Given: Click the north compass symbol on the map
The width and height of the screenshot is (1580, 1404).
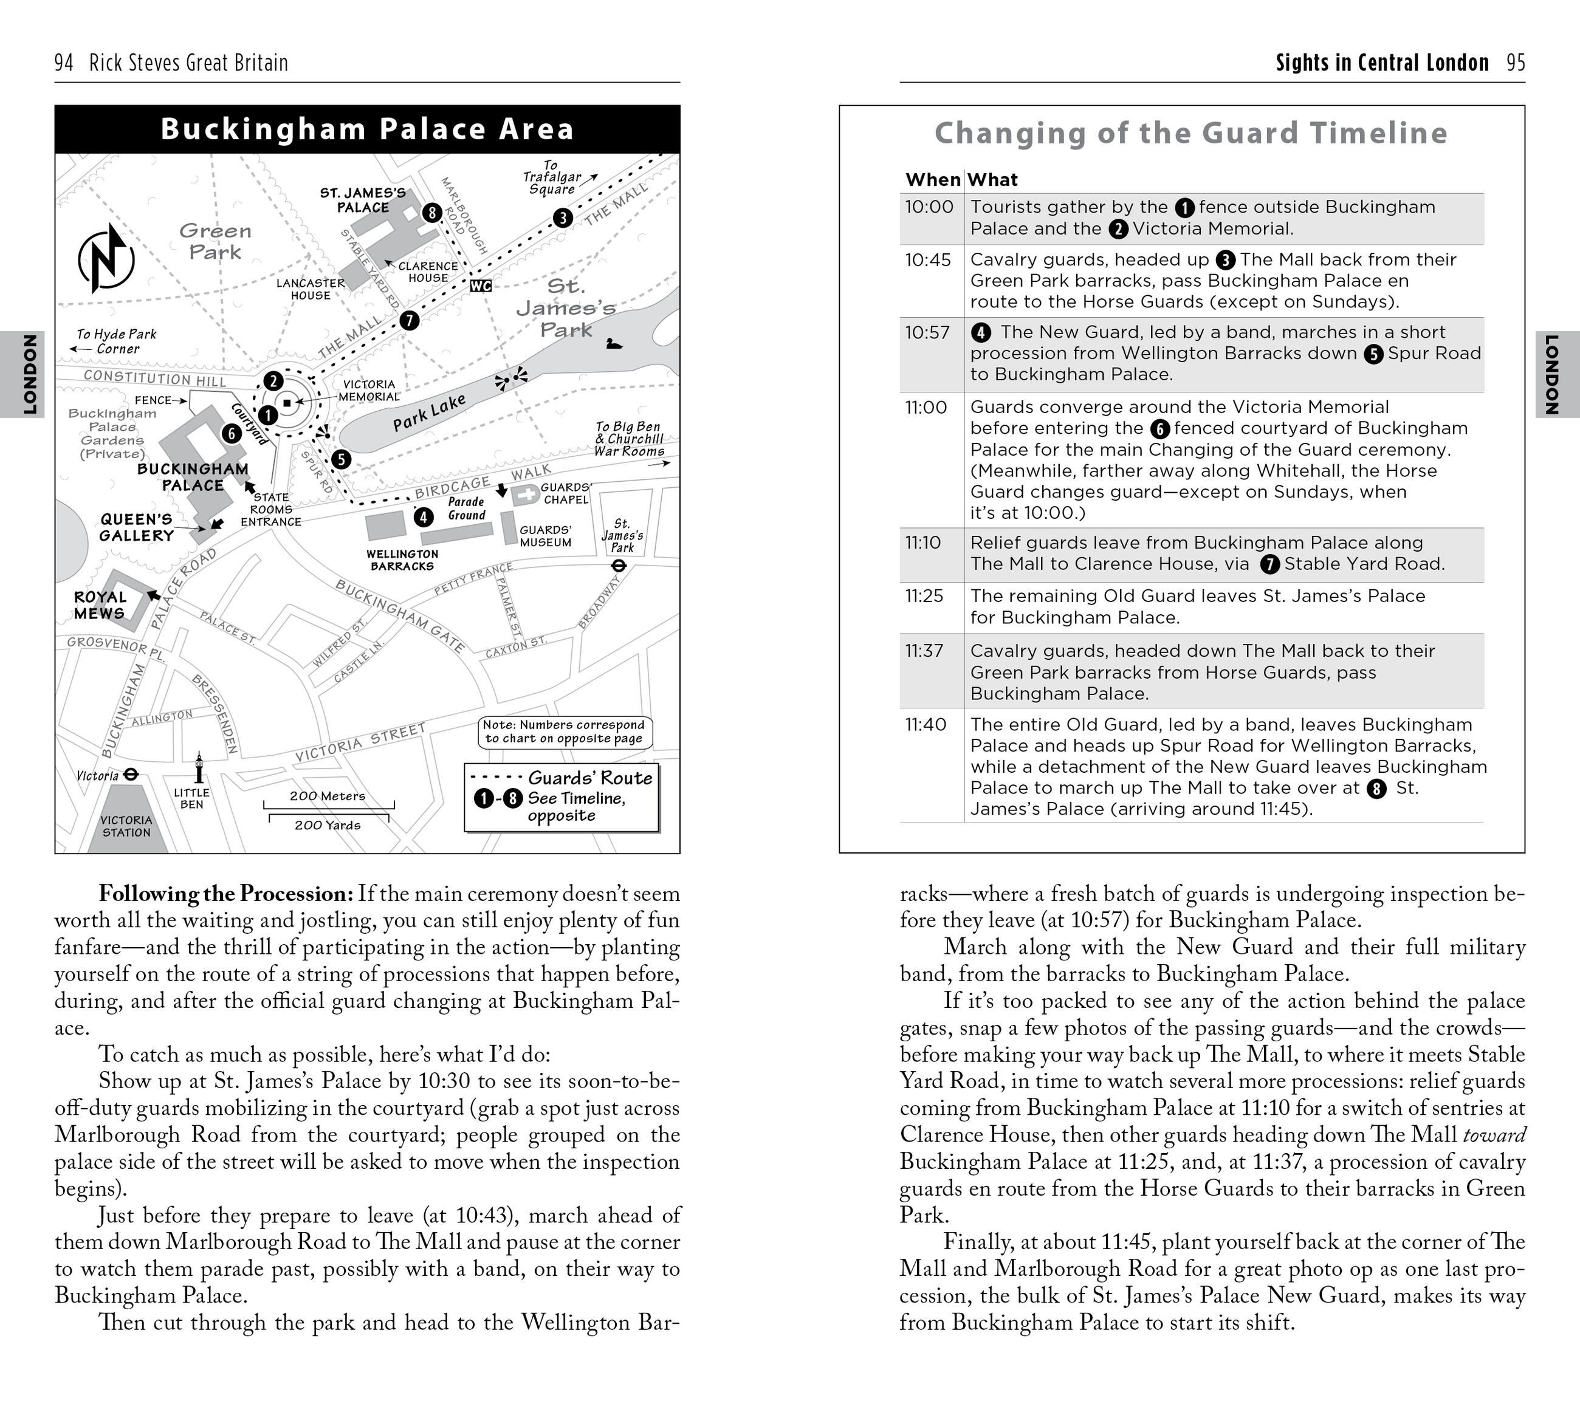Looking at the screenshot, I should pos(106,259).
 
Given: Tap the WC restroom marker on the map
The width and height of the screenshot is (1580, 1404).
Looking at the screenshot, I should pos(481,286).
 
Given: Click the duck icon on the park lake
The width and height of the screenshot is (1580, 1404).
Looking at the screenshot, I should pos(614,343).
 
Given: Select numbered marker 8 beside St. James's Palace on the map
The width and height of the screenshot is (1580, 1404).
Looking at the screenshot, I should pos(432,213).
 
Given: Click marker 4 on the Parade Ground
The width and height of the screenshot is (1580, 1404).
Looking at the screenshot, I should pos(424,517).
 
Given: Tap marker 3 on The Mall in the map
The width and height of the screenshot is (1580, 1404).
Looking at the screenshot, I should pos(563,218).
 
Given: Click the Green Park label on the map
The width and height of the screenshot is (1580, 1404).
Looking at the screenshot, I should pos(215,241).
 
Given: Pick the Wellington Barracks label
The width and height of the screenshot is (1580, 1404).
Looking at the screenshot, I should pos(402,560).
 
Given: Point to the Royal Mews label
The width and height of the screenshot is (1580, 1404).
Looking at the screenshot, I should pos(100,605).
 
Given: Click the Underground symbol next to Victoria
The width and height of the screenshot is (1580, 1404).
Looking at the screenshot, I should pos(131,773).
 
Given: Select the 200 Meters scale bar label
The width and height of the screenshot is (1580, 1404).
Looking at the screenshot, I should pos(327,796).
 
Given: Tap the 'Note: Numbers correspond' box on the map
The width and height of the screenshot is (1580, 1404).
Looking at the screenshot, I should pos(565,731).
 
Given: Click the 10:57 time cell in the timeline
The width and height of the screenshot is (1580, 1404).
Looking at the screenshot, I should pos(927,333).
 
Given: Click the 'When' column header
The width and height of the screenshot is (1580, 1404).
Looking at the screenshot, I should pos(933,180).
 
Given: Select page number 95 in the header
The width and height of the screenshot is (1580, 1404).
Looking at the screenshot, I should pos(1516,63).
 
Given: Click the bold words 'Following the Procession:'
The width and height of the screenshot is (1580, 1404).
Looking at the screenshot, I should pos(225,894).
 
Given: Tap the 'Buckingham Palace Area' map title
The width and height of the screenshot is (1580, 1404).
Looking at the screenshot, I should pos(367,129).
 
